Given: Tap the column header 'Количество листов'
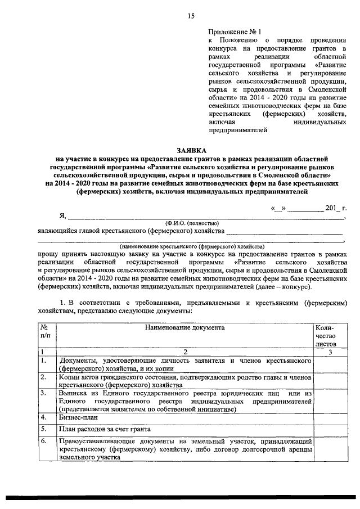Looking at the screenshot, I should (x=326, y=334).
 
